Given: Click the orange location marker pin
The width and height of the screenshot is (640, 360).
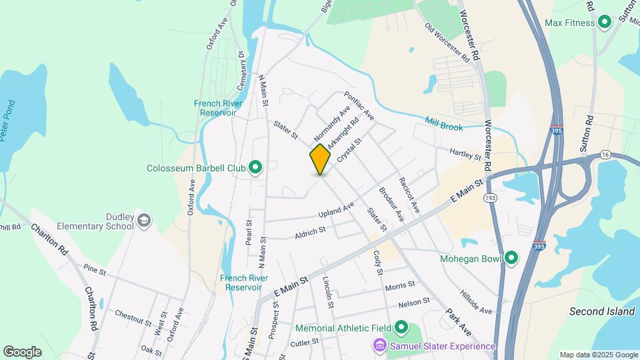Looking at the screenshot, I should [x=320, y=159].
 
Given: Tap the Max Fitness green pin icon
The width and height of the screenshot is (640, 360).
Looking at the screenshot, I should [x=605, y=23].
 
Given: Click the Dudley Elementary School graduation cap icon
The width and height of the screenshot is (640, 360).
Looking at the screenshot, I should [x=144, y=221].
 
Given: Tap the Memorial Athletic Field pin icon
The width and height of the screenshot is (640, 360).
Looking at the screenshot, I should [x=401, y=327].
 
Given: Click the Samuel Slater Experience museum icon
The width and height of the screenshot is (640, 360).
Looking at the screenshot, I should [x=379, y=346].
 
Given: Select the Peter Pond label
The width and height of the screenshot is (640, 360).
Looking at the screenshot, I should [x=12, y=120].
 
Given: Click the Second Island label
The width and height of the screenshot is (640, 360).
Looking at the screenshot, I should [x=602, y=311].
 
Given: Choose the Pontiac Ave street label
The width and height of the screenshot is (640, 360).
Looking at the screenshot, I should [x=359, y=106].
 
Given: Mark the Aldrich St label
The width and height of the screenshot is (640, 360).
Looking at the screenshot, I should [x=309, y=233].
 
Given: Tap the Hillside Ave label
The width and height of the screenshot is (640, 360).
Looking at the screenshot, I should [x=475, y=302].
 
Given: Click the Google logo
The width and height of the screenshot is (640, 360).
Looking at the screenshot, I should [x=22, y=352].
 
